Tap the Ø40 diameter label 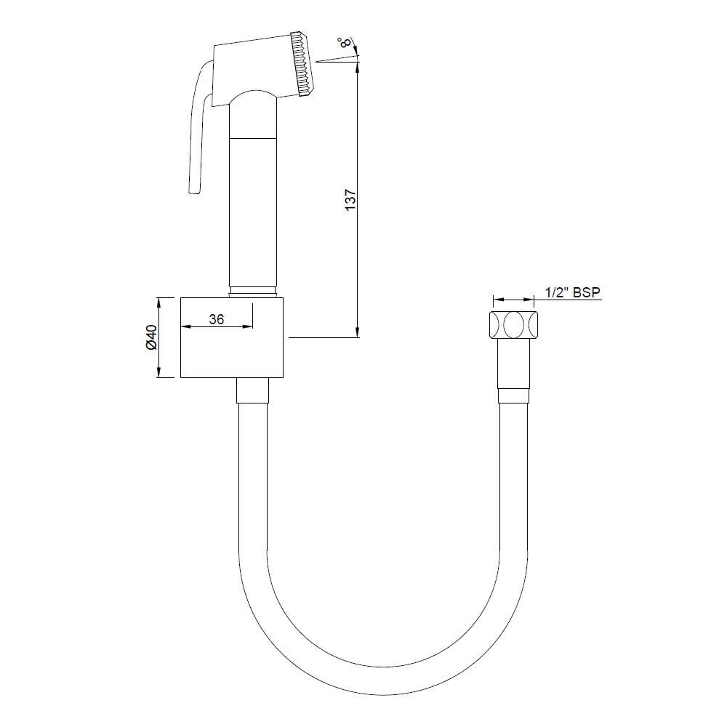(151, 337)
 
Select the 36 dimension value (217, 318)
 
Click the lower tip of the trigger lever (193, 190)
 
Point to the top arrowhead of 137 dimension (358, 68)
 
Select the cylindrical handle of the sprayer (253, 211)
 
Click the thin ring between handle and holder (253, 293)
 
